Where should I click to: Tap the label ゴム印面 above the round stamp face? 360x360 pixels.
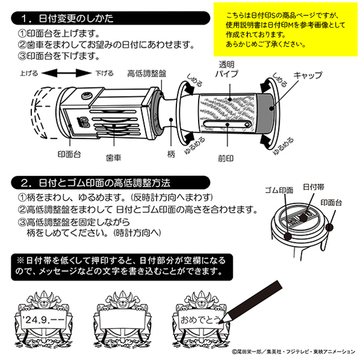coord(278,190)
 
